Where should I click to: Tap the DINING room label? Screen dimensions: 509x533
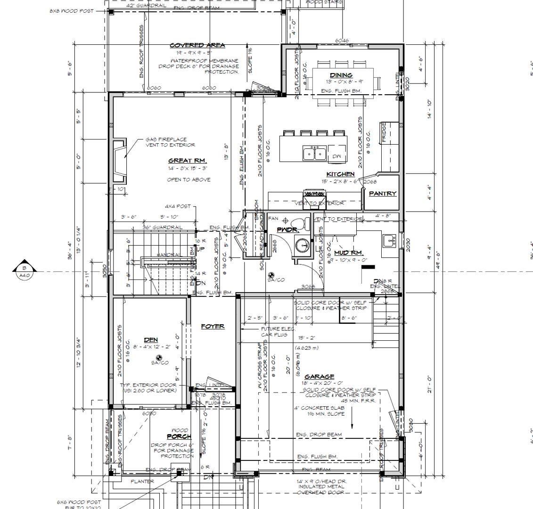tap(341, 75)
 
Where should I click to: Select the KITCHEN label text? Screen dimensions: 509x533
tap(340, 174)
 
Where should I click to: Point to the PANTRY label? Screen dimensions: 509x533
tap(382, 193)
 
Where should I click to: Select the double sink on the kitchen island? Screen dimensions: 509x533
tap(314, 153)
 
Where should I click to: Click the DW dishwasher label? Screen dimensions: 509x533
tap(336, 156)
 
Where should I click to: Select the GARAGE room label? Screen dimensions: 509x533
tap(319, 377)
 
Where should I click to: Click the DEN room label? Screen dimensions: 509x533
tap(151, 340)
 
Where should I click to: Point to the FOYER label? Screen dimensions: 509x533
tap(213, 326)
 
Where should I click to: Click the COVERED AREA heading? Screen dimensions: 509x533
tap(197, 45)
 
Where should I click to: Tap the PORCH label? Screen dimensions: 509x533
tap(179, 436)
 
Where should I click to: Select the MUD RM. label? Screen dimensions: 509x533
tap(347, 253)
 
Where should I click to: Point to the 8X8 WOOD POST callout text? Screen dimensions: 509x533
tap(71, 11)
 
